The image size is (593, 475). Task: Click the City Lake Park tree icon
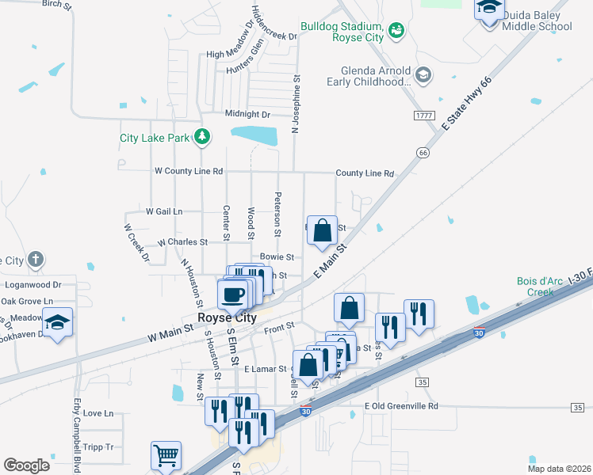coord(202,137)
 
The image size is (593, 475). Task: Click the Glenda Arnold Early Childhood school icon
coord(423,75)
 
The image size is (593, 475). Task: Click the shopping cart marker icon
coord(166,455)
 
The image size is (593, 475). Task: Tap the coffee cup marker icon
coord(232,294)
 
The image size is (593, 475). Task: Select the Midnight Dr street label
coord(248,114)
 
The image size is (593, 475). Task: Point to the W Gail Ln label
coord(164,211)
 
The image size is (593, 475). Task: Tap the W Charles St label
coord(182,242)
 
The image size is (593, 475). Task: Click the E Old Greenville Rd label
coord(401,406)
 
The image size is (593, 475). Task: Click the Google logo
coord(26,465)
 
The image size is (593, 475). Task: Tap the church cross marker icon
coord(35,260)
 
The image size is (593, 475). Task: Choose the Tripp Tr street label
coord(98,446)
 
